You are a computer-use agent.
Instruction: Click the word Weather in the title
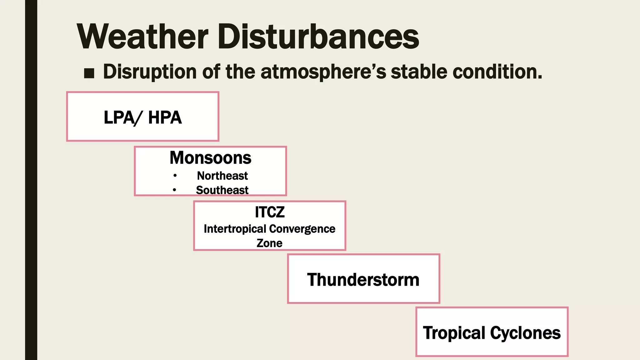coord(142,37)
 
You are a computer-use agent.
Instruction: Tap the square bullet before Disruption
coord(89,73)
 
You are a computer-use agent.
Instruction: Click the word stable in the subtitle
coord(419,72)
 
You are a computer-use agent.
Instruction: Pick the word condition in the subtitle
coord(497,72)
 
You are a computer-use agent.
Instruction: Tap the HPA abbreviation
coord(165,117)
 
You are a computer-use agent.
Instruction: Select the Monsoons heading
coord(210,158)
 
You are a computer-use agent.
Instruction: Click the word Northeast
coord(222,176)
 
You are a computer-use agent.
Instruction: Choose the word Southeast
coord(222,190)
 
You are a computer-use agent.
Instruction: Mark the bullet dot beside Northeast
coord(175,176)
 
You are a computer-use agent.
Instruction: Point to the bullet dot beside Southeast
coord(174,190)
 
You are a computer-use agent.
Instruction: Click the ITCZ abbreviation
coord(270,212)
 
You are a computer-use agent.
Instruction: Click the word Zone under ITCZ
coord(269,243)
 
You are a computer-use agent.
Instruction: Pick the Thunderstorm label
coord(363,280)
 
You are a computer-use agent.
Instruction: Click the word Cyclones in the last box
coord(525,333)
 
